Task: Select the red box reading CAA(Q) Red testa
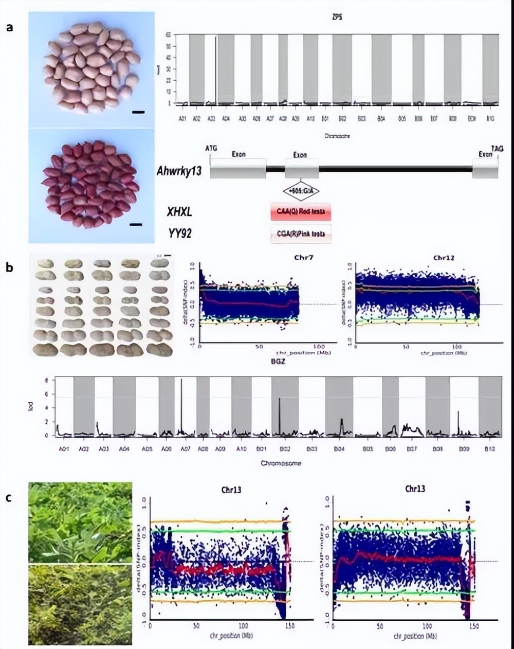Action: pos(301,211)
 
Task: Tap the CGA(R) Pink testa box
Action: pos(301,233)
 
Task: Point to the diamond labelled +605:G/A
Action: pos(302,191)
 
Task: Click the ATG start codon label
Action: pos(211,148)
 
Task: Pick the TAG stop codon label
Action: pos(497,148)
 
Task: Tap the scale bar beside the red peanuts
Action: pos(136,224)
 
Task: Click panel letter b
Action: pos(10,267)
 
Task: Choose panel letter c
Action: pos(9,497)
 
